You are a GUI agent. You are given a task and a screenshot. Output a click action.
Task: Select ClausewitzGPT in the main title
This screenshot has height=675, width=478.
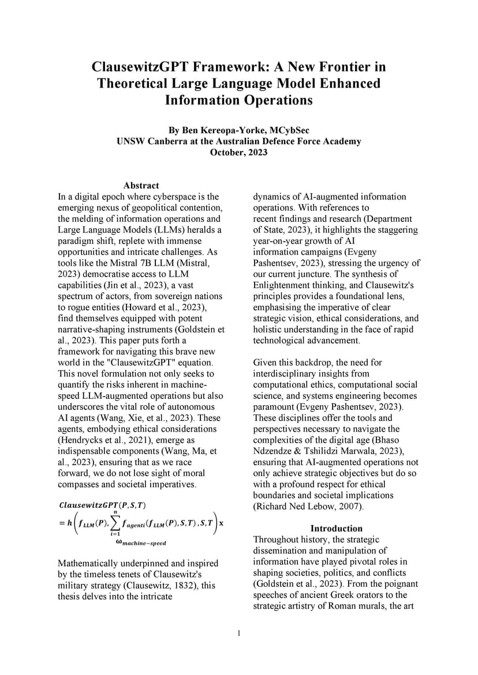click(139, 67)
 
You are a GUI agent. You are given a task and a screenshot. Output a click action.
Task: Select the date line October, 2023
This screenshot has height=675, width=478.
click(238, 152)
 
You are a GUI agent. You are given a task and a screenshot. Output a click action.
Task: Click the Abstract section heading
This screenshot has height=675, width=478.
click(141, 186)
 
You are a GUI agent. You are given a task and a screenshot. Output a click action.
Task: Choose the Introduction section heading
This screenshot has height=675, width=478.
click(337, 529)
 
